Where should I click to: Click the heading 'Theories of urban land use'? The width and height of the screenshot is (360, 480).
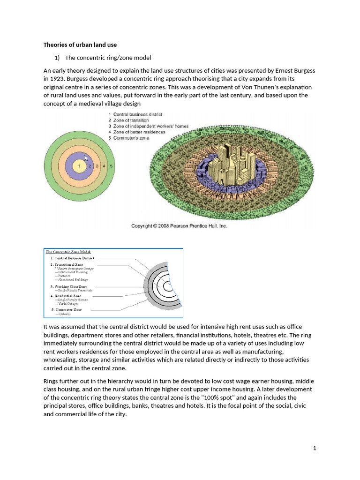tap(80, 45)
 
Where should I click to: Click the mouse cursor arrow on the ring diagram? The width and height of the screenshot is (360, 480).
tap(86, 159)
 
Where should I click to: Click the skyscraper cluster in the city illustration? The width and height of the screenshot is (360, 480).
tap(229, 162)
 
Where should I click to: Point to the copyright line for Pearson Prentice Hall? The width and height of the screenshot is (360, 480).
tap(179, 226)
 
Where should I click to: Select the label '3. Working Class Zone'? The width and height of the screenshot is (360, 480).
tap(68, 286)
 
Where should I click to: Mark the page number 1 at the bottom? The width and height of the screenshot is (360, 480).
tap(315, 449)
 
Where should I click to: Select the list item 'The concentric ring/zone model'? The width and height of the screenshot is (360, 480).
tap(108, 58)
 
